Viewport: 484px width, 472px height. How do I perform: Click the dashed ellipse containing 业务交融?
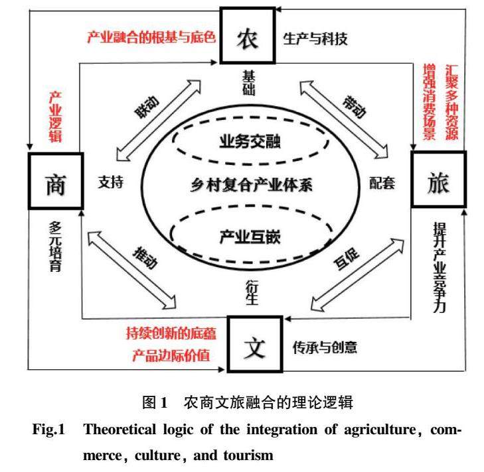(252, 141)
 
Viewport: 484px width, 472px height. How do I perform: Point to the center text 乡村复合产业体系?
(252, 186)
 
